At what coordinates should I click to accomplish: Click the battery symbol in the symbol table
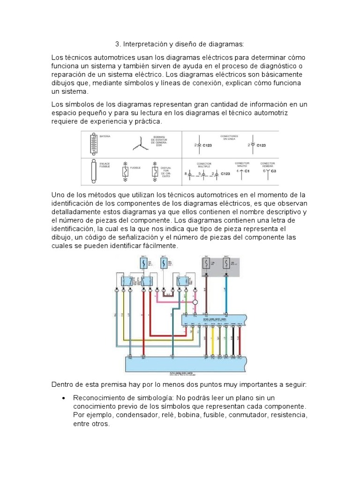tap(91, 144)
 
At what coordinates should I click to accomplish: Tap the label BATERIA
tap(105, 136)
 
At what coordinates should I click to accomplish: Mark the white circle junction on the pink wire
tap(195, 302)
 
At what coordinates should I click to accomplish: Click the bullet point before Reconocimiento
tap(63, 398)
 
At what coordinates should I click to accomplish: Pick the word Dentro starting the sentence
tap(62, 384)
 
